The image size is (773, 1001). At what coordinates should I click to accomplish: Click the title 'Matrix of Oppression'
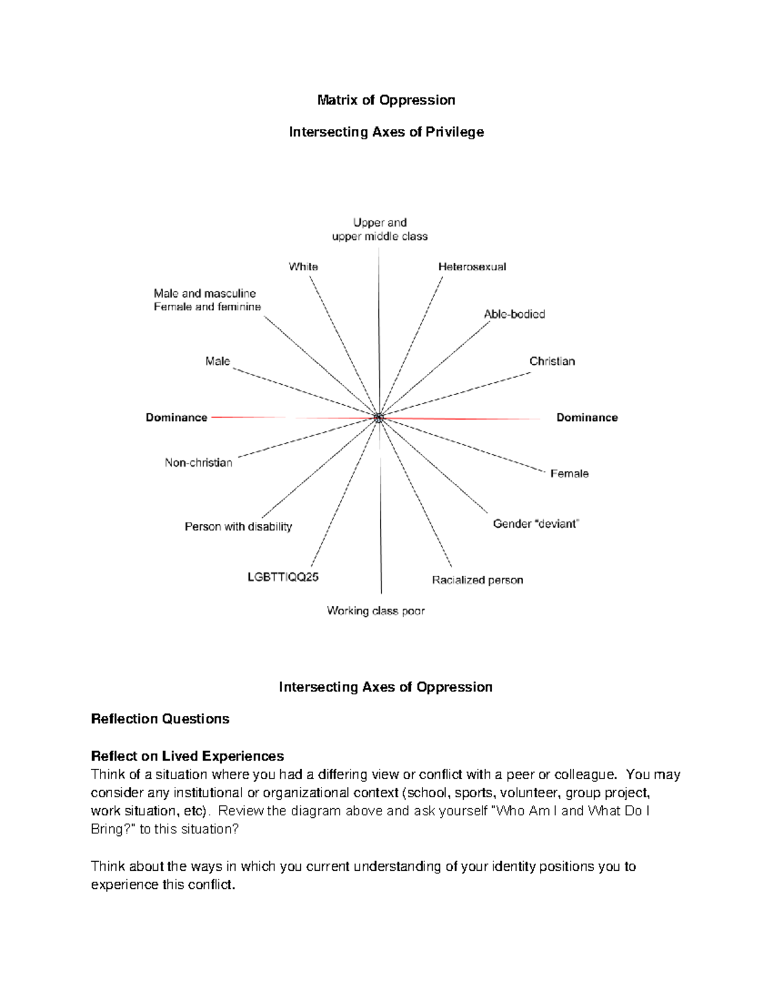click(386, 100)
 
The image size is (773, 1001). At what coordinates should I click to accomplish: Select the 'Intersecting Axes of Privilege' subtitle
click(386, 132)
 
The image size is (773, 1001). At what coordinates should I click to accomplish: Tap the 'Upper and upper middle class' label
click(379, 229)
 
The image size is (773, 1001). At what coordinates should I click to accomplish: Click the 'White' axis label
click(303, 266)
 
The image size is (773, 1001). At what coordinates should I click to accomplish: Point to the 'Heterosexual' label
click(472, 266)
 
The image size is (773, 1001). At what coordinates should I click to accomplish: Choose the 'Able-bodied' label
click(514, 314)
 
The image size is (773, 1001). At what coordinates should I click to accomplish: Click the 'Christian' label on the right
click(552, 361)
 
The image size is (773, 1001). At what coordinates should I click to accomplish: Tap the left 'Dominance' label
click(177, 418)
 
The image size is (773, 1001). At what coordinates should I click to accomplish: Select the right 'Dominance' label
click(587, 418)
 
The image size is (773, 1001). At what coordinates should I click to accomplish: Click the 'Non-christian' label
click(198, 463)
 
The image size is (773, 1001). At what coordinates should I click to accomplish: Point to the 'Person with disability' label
click(238, 527)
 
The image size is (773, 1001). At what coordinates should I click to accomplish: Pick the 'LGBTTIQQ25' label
click(283, 577)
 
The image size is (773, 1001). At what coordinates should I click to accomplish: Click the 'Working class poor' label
click(376, 610)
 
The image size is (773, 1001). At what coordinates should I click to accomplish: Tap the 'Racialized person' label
click(477, 580)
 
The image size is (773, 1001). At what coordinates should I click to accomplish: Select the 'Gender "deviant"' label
click(536, 524)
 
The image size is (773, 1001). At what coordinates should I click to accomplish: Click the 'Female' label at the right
click(569, 474)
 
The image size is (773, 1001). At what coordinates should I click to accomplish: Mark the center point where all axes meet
click(379, 418)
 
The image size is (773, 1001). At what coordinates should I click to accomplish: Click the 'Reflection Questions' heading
click(160, 719)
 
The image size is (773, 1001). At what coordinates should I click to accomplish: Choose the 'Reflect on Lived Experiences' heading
click(187, 755)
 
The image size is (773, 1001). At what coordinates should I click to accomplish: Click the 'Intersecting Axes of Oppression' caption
click(385, 687)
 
